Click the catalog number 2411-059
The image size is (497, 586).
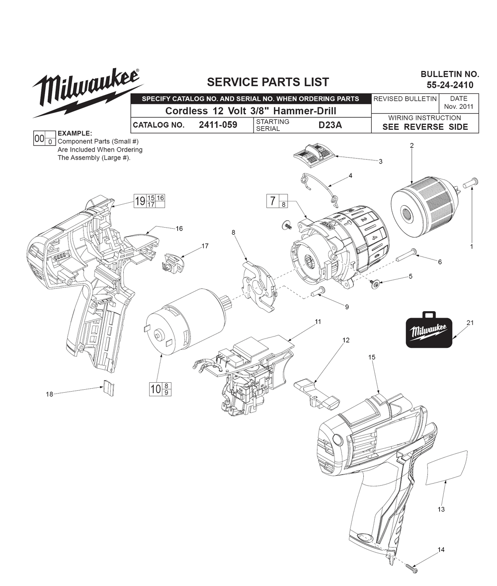218,125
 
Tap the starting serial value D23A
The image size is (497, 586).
330,125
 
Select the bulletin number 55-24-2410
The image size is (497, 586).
450,85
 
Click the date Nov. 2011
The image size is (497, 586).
459,106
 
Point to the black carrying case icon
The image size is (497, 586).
429,330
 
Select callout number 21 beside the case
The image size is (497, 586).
470,323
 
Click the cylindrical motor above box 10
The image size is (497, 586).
186,322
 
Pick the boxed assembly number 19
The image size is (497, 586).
140,201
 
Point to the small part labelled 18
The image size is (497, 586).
108,388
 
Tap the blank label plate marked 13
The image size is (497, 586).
447,467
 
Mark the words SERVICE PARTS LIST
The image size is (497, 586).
268,82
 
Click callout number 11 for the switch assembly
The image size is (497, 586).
318,322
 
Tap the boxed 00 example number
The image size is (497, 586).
39,139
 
